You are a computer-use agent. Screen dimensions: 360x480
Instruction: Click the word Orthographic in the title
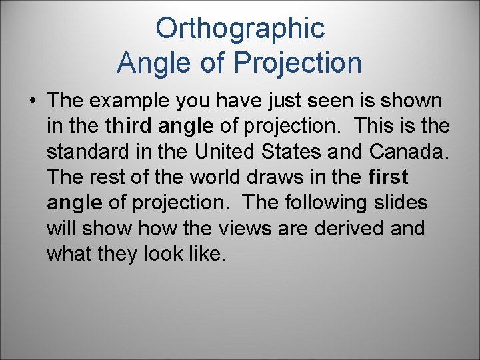[x=240, y=29]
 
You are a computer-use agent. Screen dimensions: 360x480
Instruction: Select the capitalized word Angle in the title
[x=149, y=63]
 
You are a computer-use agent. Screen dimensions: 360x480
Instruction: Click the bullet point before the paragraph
[x=32, y=101]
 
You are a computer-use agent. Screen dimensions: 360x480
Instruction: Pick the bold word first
[x=387, y=177]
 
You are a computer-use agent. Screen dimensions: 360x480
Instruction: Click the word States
[x=305, y=152]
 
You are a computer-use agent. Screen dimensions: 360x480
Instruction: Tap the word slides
[x=401, y=203]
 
